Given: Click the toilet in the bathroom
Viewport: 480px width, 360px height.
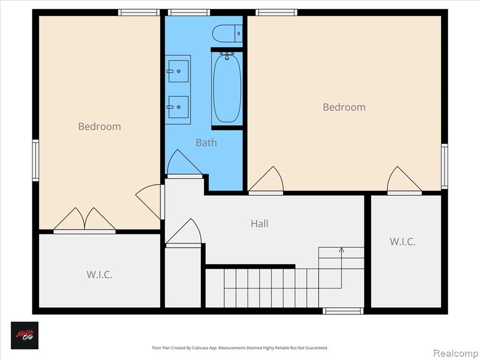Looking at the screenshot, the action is [227, 34].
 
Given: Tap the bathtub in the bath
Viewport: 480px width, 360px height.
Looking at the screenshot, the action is [227, 89].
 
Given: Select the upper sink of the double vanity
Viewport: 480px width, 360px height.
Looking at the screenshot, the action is [179, 71].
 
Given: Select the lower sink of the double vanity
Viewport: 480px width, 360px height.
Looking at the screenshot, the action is [179, 107].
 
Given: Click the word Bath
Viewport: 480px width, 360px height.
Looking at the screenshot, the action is [206, 142].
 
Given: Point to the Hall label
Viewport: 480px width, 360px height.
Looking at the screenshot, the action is [260, 224].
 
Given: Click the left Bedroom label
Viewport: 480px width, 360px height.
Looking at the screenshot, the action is [99, 127].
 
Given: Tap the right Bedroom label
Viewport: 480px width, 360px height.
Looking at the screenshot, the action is [344, 107].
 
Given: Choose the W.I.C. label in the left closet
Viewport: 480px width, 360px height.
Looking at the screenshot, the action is [99, 275].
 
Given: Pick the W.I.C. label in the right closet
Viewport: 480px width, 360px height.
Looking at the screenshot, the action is [403, 241].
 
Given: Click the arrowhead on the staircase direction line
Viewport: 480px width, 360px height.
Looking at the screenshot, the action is [341, 250].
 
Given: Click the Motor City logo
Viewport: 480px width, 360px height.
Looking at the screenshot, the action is [25, 336].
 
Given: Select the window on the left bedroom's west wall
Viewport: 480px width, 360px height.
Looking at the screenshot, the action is [36, 160].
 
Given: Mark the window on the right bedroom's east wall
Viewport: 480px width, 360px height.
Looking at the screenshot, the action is [444, 166].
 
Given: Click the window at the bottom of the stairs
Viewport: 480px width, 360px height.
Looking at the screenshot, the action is [343, 311].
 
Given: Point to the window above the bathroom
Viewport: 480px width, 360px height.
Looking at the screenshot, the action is [189, 13].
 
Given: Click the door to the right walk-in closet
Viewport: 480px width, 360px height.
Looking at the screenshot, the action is [405, 180].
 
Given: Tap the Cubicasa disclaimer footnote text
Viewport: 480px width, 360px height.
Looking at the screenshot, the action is [240, 348].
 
